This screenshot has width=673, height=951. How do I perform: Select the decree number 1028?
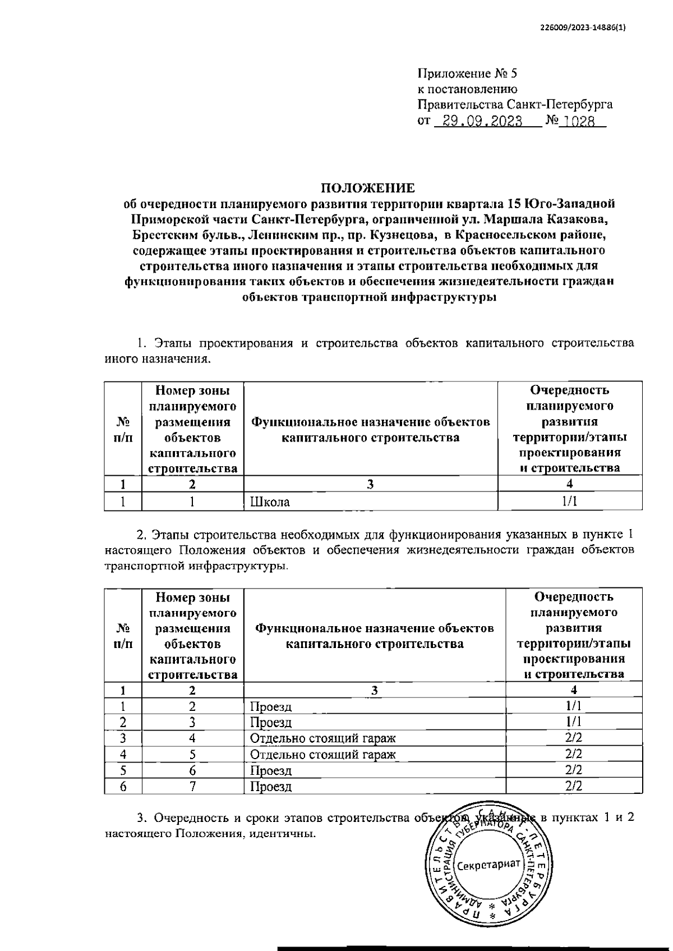point(579,121)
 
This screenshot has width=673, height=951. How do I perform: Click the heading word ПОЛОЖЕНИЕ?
point(368,187)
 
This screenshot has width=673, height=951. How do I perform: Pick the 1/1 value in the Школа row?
point(570,502)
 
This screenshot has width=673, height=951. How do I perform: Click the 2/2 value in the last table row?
point(574,787)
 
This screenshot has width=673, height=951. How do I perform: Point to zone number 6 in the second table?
point(192,771)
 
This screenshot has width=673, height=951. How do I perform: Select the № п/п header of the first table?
point(123,429)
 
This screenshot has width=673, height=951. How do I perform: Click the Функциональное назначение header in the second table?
point(375,636)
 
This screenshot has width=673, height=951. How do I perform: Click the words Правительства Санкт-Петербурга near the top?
point(515,104)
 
